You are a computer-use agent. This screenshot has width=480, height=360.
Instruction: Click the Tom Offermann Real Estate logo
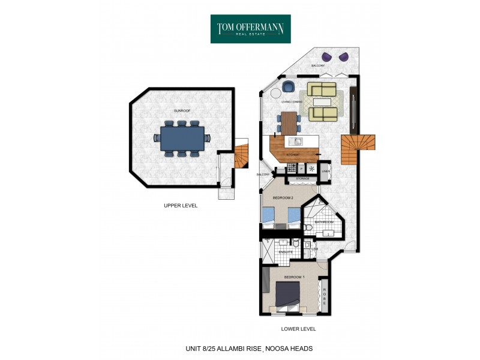(x=250, y=28)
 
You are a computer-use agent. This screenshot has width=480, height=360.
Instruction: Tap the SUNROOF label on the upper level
(x=182, y=110)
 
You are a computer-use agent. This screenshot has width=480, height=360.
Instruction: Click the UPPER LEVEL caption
(x=181, y=205)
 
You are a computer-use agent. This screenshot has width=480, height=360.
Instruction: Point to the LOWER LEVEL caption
(x=298, y=329)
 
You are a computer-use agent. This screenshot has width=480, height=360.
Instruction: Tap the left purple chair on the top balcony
(x=326, y=57)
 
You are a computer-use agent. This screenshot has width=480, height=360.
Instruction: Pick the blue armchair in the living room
(x=288, y=87)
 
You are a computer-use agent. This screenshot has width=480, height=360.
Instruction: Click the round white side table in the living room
(x=276, y=94)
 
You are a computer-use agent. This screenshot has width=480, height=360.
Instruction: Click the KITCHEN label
(x=292, y=155)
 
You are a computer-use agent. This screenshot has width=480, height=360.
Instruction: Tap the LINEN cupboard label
(x=325, y=171)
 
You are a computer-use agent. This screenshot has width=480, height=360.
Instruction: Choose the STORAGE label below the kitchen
(x=302, y=178)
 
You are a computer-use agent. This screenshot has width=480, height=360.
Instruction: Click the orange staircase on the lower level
(x=356, y=149)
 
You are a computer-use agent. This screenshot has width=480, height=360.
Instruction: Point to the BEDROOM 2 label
(x=283, y=197)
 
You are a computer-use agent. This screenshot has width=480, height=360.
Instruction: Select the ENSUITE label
(x=286, y=252)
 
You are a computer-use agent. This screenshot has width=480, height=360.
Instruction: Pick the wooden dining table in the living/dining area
(x=290, y=123)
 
